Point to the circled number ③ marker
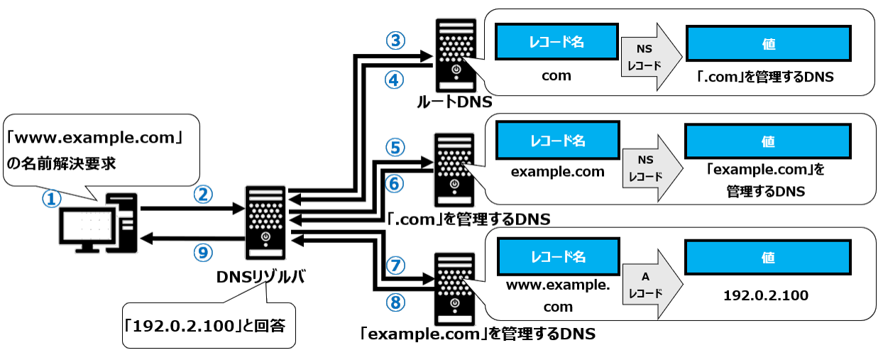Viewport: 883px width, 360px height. pos(395,40)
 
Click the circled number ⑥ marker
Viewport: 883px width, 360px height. pos(395,183)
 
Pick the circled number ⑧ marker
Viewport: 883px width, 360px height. pos(395,302)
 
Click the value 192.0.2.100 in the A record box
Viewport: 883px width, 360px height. pos(765,295)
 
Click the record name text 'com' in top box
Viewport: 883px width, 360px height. pos(556,76)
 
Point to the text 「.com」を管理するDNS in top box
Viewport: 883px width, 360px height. pos(765,77)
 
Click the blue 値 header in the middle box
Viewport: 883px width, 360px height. pos(768,141)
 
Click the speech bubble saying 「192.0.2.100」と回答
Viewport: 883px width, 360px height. pos(207,327)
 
